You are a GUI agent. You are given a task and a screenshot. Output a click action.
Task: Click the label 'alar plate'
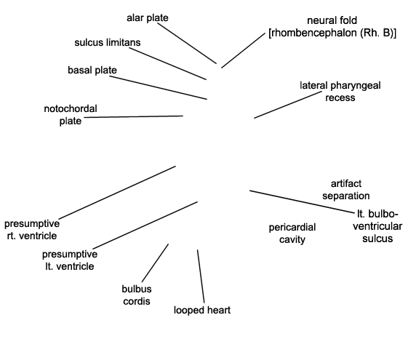[148, 18]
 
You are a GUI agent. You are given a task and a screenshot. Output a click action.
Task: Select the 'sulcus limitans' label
[108, 42]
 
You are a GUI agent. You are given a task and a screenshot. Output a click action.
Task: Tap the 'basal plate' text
[92, 71]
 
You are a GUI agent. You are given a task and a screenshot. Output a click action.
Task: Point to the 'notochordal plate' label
[71, 115]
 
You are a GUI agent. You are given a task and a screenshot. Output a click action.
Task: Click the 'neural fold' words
[332, 20]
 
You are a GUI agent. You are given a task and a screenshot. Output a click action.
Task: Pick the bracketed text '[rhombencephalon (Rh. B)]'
[332, 33]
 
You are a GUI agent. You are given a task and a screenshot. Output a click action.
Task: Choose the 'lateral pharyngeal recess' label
[340, 92]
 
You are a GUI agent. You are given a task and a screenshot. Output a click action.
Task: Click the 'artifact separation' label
[346, 190]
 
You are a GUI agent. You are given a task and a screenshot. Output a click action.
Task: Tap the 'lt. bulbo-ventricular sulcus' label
[377, 226]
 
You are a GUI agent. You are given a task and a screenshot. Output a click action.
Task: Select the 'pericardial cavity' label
[292, 233]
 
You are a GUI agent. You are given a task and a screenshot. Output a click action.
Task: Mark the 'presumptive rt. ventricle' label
[32, 230]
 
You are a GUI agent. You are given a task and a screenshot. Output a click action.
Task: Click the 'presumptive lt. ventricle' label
[70, 260]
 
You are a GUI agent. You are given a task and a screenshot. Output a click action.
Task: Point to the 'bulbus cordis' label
[137, 295]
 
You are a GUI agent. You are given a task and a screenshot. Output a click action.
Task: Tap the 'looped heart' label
[202, 310]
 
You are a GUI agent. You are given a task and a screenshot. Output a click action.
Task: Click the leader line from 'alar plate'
[187, 43]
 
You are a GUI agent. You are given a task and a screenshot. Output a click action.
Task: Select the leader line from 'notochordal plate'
[134, 116]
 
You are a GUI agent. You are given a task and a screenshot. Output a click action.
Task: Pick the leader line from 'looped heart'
[201, 276]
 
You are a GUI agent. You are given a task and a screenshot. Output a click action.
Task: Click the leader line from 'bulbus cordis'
[156, 263]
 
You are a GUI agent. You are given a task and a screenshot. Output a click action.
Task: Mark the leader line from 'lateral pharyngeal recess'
[288, 105]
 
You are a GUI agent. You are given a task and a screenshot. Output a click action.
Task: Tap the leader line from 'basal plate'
[159, 87]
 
